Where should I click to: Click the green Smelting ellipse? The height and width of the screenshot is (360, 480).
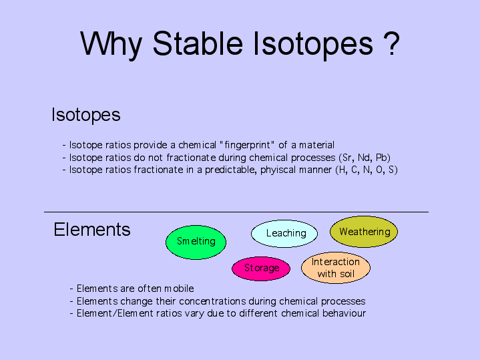[196, 242]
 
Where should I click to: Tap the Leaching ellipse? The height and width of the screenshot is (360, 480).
[284, 234]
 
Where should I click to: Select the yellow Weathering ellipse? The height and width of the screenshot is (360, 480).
[364, 232]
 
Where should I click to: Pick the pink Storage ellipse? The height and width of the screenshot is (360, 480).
[261, 268]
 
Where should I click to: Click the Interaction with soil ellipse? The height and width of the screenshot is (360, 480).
[336, 267]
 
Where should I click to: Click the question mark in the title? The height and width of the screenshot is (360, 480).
[391, 43]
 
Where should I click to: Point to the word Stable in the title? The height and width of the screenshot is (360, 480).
[198, 43]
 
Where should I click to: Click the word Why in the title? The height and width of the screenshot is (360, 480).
[111, 45]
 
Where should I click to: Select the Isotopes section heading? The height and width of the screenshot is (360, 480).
[86, 115]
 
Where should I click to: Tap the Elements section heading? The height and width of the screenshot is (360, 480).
[92, 229]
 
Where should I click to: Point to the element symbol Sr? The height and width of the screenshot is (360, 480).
[347, 158]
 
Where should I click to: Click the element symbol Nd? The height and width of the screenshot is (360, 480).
[365, 158]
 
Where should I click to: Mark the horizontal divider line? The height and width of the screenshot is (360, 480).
[236, 212]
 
